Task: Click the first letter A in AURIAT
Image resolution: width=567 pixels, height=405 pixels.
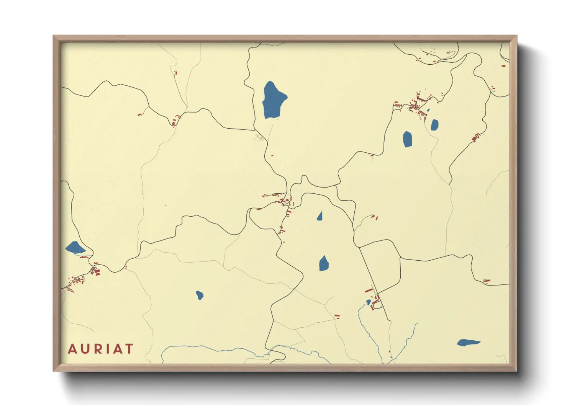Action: pyautogui.click(x=72, y=349)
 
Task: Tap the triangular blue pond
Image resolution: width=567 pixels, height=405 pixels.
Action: pyautogui.click(x=320, y=217)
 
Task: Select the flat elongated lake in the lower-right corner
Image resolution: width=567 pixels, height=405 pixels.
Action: pyautogui.click(x=468, y=342)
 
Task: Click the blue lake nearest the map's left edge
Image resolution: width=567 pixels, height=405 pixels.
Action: pyautogui.click(x=75, y=248)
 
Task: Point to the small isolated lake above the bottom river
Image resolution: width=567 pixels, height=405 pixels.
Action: pyautogui.click(x=200, y=295)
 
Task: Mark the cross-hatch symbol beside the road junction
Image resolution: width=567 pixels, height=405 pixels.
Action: pyautogui.click(x=259, y=138)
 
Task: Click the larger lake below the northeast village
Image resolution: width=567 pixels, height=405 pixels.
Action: pyautogui.click(x=407, y=139)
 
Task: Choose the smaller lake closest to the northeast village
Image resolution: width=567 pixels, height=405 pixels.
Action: pyautogui.click(x=434, y=125)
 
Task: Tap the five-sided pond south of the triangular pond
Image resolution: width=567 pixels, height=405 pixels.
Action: pyautogui.click(x=324, y=263)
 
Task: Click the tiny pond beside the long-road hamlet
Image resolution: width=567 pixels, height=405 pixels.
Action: pyautogui.click(x=369, y=302)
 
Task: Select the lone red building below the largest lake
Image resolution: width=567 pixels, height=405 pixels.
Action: pyautogui.click(x=272, y=155)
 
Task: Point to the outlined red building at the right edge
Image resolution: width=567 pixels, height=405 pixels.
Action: pyautogui.click(x=487, y=281)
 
